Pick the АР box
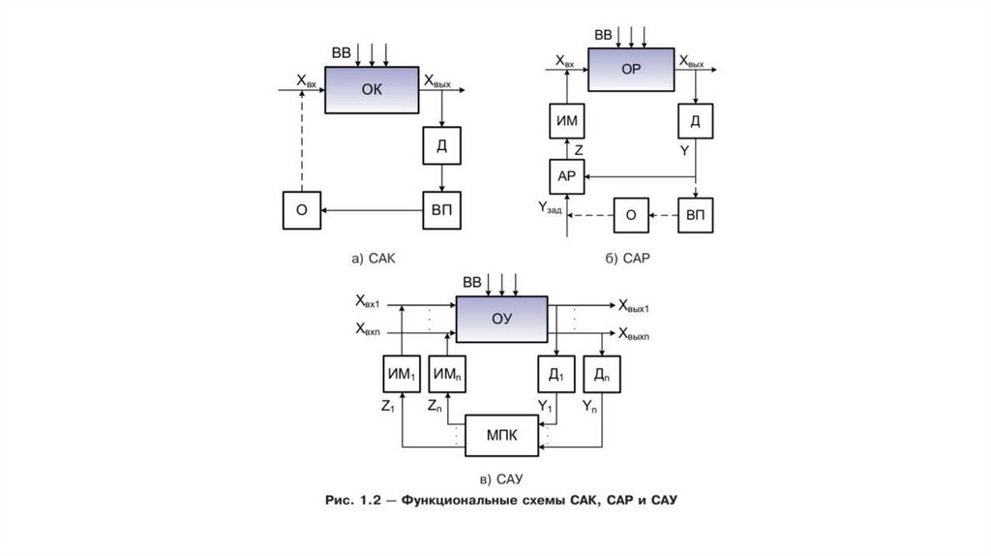click(566, 176)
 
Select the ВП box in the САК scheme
click(441, 210)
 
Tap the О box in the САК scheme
click(301, 210)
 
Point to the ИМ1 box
click(395, 374)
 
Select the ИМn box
click(447, 374)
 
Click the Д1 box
click(556, 374)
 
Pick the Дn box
click(601, 374)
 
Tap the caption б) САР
click(629, 259)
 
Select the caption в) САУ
click(500, 479)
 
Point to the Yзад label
click(549, 206)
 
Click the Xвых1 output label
click(634, 306)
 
